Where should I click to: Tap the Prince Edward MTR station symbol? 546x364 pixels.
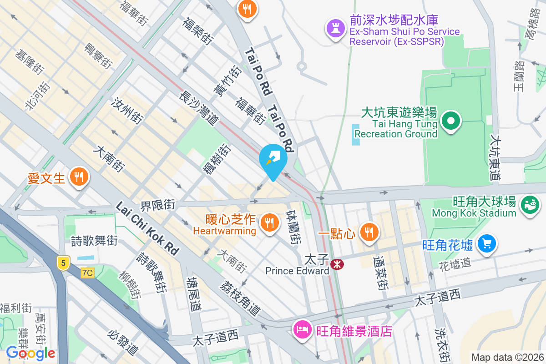337,264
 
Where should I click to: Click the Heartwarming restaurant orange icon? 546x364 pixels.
269,222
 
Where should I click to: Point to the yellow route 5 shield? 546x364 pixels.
63,263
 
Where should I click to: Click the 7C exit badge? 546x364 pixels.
87,273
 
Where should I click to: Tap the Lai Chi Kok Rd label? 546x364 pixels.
147,228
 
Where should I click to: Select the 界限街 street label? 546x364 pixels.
157,206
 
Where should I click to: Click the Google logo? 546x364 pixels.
30,353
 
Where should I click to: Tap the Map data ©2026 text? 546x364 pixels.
507,357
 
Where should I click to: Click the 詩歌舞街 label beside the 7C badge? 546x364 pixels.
94,241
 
